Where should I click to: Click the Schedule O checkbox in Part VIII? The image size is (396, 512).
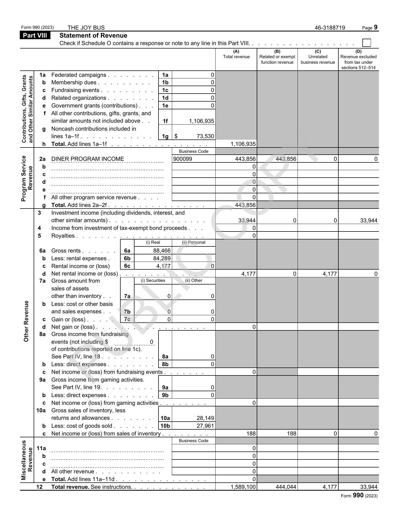[367, 43]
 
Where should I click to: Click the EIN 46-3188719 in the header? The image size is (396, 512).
[330, 28]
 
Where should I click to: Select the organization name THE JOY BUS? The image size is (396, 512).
[86, 28]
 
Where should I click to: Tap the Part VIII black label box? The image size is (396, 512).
[35, 35]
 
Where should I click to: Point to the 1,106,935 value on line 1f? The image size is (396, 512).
[201, 121]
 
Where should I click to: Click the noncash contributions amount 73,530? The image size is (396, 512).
[205, 136]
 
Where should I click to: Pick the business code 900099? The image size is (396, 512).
[183, 159]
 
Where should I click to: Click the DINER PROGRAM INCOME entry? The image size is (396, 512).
[88, 159]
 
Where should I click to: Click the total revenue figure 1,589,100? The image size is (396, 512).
[243, 487]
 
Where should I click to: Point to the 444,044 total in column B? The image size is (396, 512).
[286, 487]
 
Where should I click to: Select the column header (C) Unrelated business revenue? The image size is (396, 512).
[318, 57]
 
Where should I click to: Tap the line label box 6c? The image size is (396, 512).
[127, 266]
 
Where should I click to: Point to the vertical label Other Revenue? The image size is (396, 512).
[26, 321]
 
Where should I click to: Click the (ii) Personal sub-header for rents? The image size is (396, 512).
[193, 242]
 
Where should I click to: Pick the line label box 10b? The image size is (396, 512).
[165, 426]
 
